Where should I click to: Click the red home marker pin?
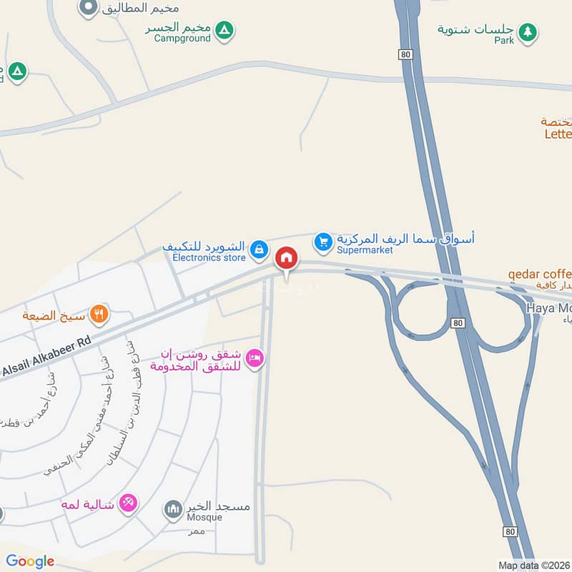[287, 257]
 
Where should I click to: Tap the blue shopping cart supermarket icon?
[324, 242]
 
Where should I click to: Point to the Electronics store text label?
[209, 257]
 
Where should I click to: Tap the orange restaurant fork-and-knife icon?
[99, 312]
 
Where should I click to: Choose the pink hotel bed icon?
[254, 358]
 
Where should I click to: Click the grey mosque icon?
[172, 509]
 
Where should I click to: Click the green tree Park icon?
[528, 31]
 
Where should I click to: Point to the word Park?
[503, 41]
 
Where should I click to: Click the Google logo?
[30, 561]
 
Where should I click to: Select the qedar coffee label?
[540, 274]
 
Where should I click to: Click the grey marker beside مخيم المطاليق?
[88, 7]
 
